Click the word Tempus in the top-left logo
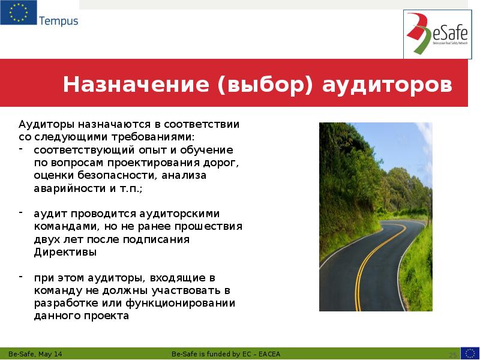(x=58, y=21)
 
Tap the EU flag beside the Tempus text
(x=18, y=13)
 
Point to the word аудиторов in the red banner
(x=388, y=85)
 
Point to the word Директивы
(x=65, y=253)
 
